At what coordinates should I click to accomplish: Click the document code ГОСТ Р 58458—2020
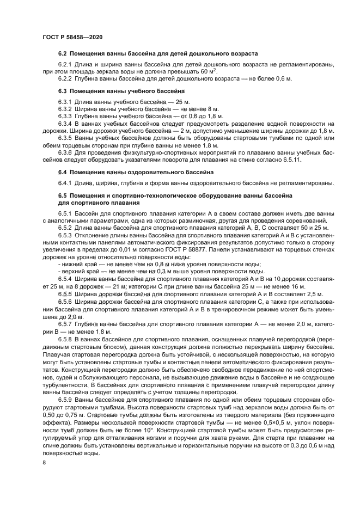click(x=72, y=35)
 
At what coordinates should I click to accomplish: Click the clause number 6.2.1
click(x=65, y=64)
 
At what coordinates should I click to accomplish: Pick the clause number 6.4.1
click(x=65, y=182)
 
